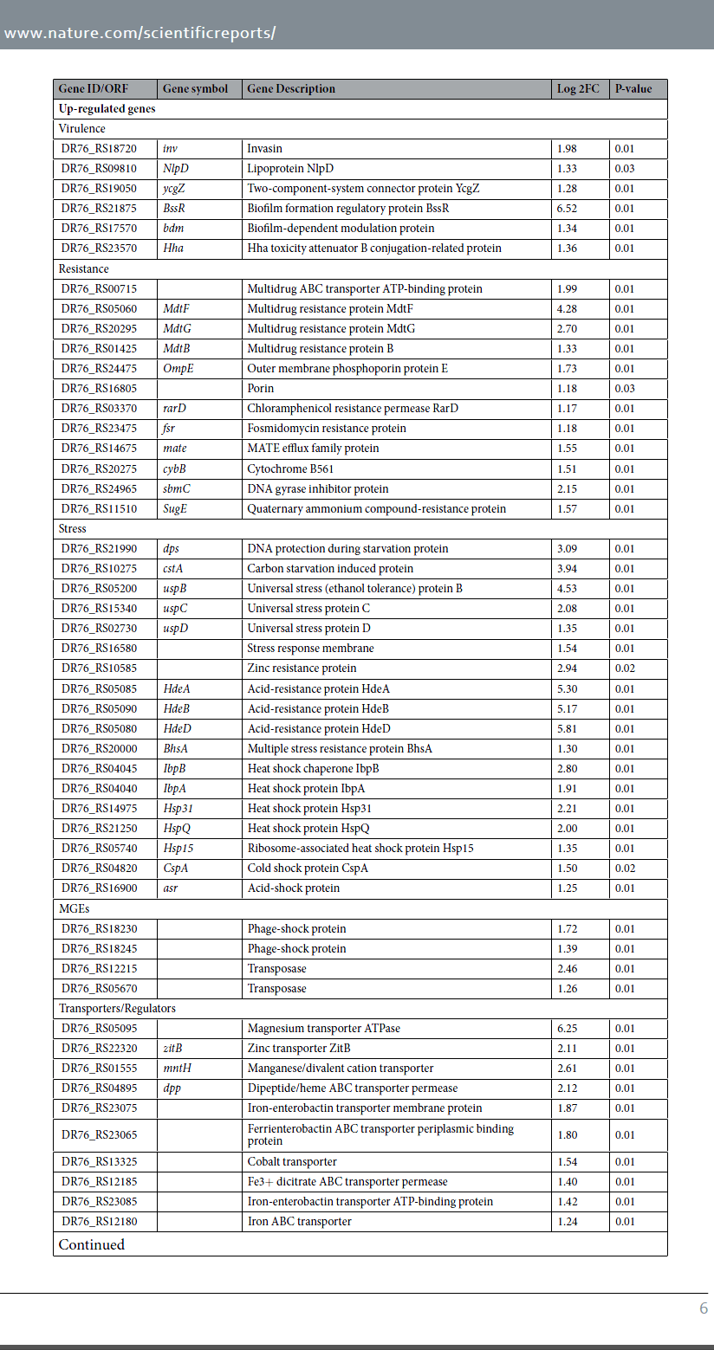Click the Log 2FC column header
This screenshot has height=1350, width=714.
tap(577, 89)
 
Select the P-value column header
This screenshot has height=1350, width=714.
tap(633, 89)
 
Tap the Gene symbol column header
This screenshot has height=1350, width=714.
tap(195, 89)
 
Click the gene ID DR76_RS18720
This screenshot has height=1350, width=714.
tap(99, 149)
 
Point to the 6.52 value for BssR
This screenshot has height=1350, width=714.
tap(567, 209)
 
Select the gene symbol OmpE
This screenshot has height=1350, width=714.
tap(176, 369)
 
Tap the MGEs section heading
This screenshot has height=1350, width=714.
tap(74, 908)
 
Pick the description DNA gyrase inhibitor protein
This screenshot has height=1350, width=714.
tap(318, 489)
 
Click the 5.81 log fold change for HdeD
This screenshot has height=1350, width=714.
tap(567, 729)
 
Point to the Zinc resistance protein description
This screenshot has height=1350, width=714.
tap(302, 669)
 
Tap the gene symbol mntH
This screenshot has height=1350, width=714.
tap(177, 1069)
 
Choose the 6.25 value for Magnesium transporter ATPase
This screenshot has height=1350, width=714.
tap(567, 1029)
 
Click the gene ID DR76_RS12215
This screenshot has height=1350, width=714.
tap(99, 969)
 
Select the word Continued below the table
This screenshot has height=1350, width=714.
tap(92, 1245)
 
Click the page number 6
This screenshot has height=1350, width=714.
tap(704, 1308)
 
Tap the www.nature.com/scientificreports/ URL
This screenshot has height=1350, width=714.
tap(140, 34)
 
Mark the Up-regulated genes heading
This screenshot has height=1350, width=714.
tap(107, 109)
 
